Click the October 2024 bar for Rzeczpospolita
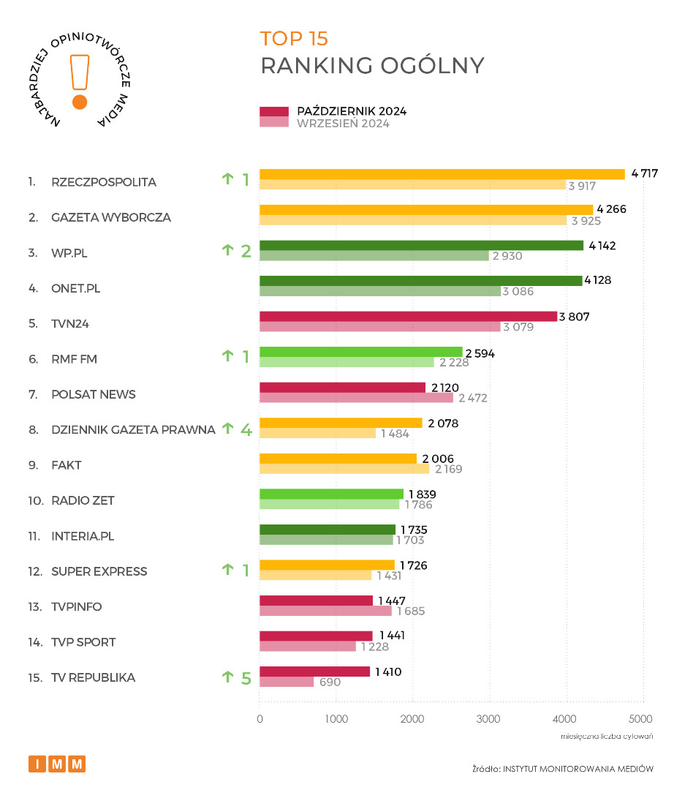(x=442, y=174)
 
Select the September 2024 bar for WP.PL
(x=374, y=256)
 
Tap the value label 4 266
(x=611, y=210)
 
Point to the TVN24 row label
(x=70, y=323)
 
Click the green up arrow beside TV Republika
(x=227, y=677)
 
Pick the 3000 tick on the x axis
(x=489, y=719)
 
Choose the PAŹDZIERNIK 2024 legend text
(x=352, y=111)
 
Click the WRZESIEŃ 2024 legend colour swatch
(x=274, y=123)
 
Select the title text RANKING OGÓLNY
(x=372, y=65)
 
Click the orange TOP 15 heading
(x=294, y=39)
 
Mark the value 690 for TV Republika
(x=331, y=682)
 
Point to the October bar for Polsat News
(x=342, y=387)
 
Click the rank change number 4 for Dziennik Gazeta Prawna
(x=246, y=429)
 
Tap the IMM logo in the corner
(x=57, y=764)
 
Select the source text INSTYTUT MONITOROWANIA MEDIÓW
(x=577, y=769)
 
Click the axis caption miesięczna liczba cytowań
(x=607, y=736)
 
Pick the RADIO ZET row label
(x=83, y=500)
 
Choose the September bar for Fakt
(x=344, y=469)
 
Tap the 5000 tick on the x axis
(x=642, y=719)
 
